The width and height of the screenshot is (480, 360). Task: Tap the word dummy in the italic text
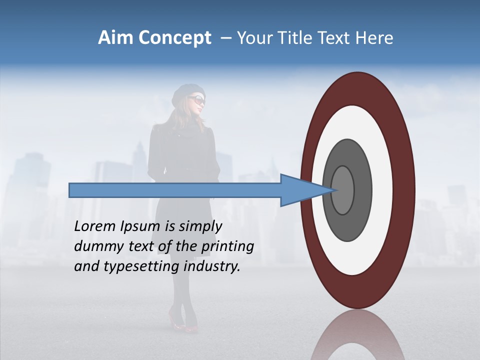[x=95, y=246]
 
